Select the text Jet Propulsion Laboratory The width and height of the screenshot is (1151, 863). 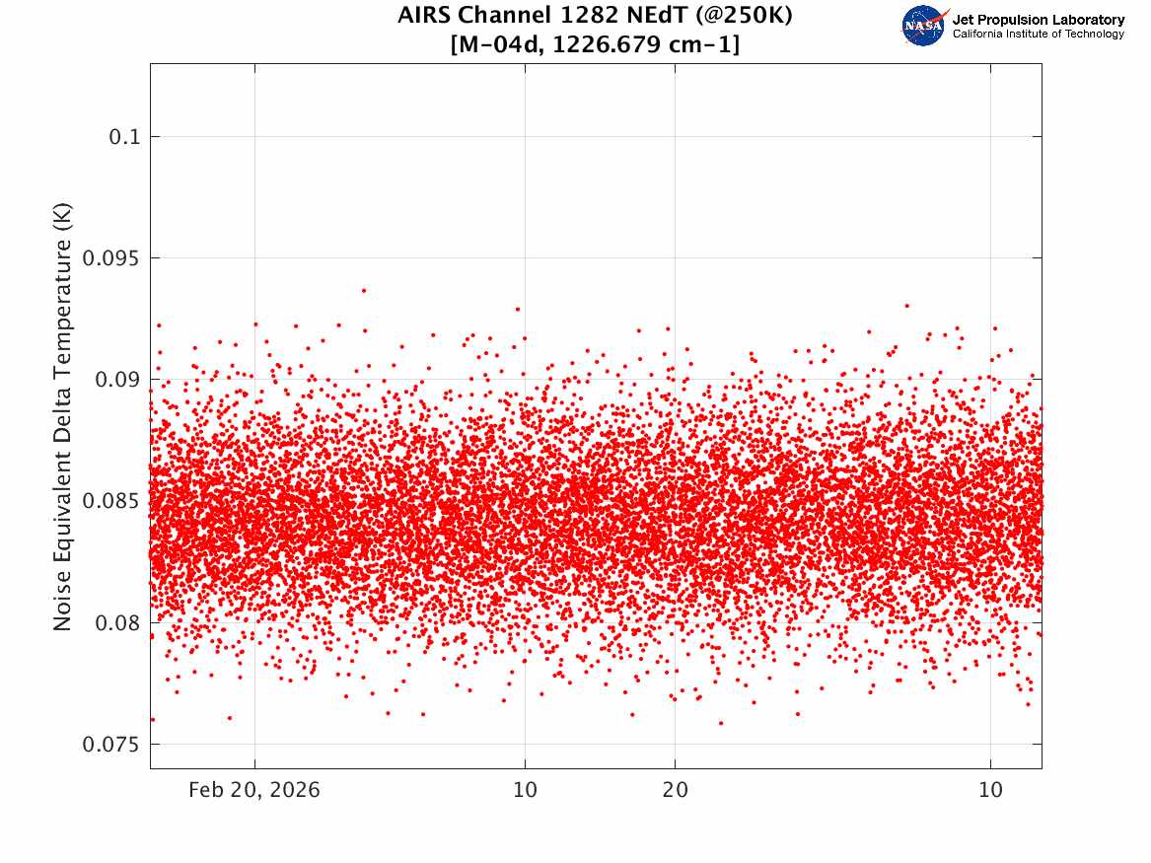[x=1038, y=20]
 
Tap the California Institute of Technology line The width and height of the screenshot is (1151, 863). [x=1038, y=34]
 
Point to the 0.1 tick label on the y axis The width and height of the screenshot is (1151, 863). [x=124, y=137]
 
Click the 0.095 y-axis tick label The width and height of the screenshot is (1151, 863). [x=110, y=258]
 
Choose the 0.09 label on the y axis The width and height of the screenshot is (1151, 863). [x=117, y=380]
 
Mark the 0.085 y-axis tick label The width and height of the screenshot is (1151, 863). [x=110, y=501]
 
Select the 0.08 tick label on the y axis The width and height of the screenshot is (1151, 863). [x=117, y=623]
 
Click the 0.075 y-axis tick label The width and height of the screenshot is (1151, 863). [x=110, y=745]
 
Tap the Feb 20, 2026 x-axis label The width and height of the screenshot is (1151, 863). [x=254, y=790]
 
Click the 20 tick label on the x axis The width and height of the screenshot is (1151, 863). [x=676, y=790]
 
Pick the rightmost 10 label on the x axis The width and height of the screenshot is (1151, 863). [x=990, y=790]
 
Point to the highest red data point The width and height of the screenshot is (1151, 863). [x=363, y=291]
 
